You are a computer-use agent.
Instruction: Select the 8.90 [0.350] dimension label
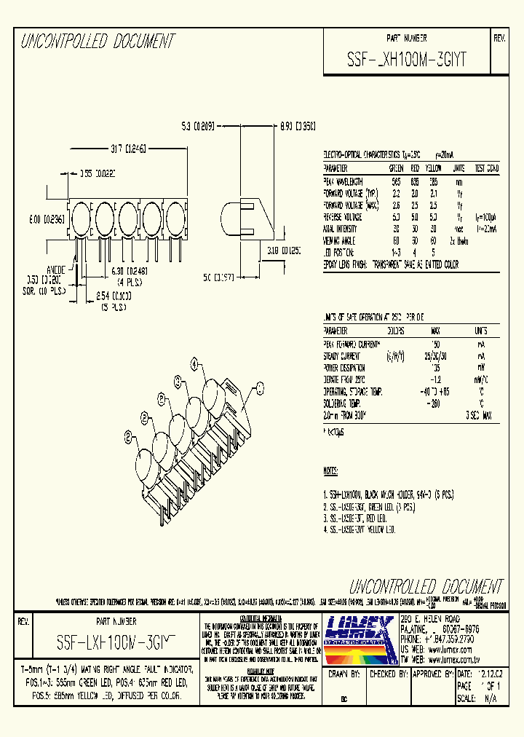click(298, 125)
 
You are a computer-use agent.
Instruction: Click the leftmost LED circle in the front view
click(82, 216)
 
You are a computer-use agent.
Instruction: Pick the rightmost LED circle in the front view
click(175, 216)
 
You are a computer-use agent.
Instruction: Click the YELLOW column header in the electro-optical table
click(434, 168)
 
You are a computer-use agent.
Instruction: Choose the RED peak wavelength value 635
click(414, 181)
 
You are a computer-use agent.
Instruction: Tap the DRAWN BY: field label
click(346, 674)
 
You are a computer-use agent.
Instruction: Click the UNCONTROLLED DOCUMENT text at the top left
click(97, 41)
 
